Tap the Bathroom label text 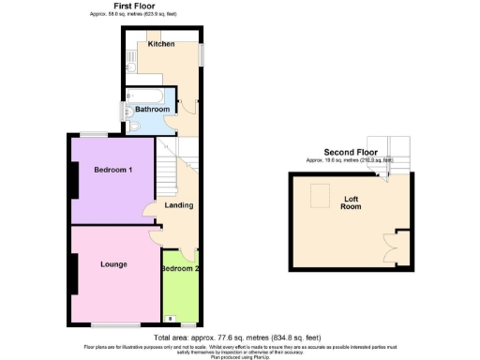click(x=153, y=110)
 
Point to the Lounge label click(x=114, y=263)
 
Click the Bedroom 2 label click(x=179, y=269)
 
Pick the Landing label click(x=179, y=205)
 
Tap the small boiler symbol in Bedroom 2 click(x=170, y=319)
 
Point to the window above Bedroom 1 click(x=93, y=135)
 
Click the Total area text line click(x=240, y=337)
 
